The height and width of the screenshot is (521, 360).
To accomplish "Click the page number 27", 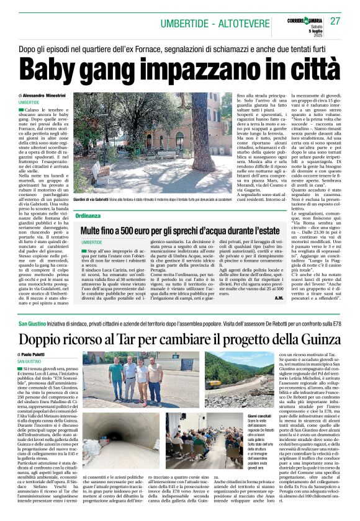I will [x=336, y=21].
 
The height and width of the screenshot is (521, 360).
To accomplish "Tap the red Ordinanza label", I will [x=87, y=216].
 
